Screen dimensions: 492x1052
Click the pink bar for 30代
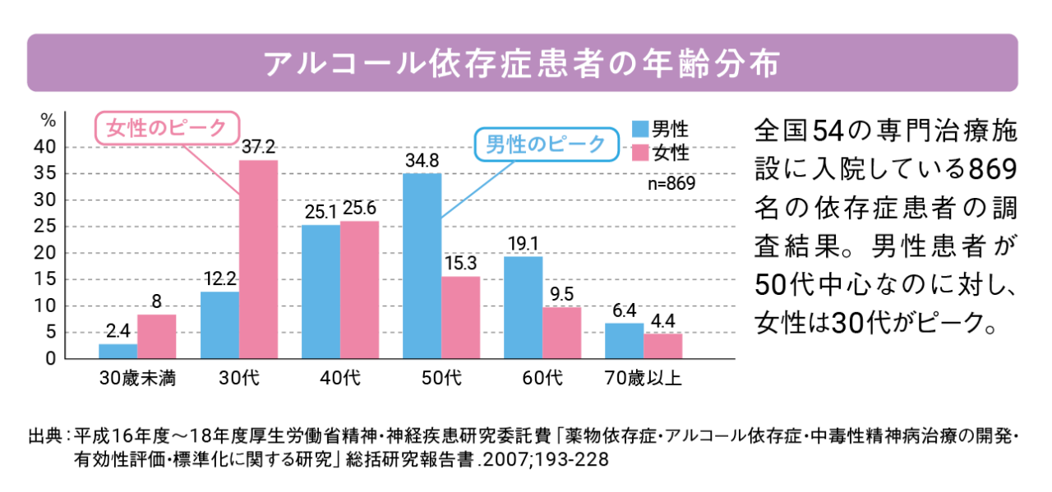pyautogui.click(x=258, y=259)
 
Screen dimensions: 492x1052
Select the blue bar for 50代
pyautogui.click(x=422, y=265)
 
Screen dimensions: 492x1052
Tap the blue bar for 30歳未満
pyautogui.click(x=118, y=351)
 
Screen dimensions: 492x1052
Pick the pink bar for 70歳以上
pyautogui.click(x=662, y=346)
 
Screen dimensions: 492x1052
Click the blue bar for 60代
pyautogui.click(x=523, y=307)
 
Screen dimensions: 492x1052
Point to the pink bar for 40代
pyautogui.click(x=359, y=289)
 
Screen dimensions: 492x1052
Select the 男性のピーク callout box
pyautogui.click(x=545, y=145)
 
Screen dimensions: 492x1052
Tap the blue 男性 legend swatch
pyautogui.click(x=640, y=129)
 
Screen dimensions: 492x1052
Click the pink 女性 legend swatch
pyautogui.click(x=640, y=153)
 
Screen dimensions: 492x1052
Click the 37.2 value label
pyautogui.click(x=258, y=147)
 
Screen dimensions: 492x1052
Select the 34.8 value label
pyautogui.click(x=422, y=159)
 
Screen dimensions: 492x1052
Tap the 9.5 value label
pyautogui.click(x=561, y=294)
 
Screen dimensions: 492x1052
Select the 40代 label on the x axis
pyautogui.click(x=339, y=379)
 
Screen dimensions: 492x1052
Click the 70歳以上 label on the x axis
pyautogui.click(x=643, y=379)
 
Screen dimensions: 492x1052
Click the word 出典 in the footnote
pyautogui.click(x=44, y=434)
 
